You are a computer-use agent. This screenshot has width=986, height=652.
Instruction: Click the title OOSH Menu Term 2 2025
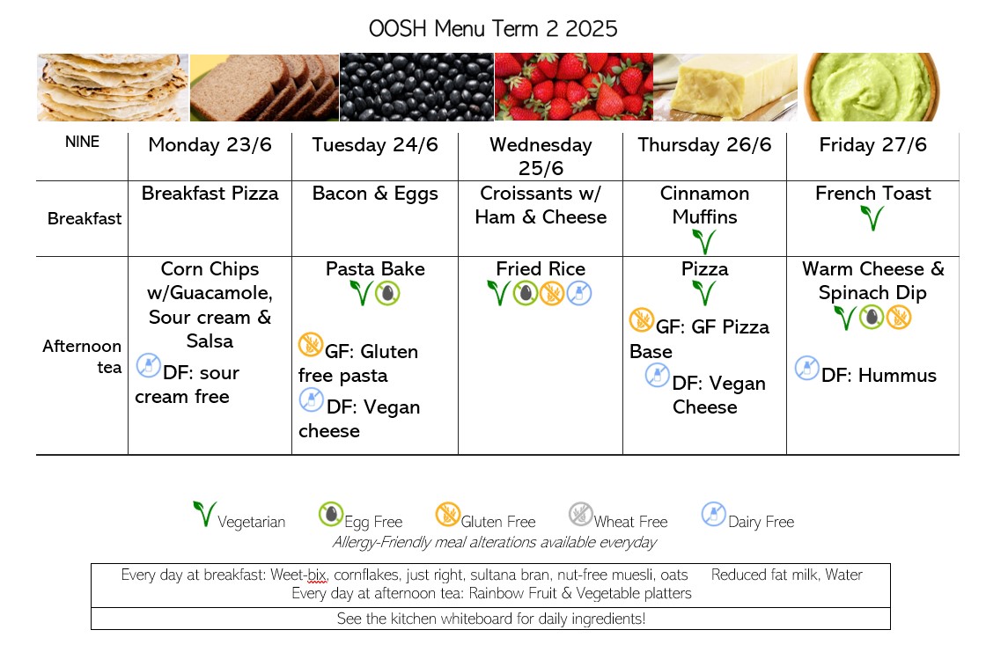click(x=493, y=28)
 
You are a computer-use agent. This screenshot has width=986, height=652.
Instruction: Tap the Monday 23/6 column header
click(x=210, y=144)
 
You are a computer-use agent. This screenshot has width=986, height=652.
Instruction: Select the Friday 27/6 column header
click(x=872, y=144)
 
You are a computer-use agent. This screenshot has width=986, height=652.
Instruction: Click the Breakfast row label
click(x=85, y=218)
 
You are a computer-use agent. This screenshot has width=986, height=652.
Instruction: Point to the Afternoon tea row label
click(x=82, y=356)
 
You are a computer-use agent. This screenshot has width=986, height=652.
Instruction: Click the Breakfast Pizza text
click(x=210, y=193)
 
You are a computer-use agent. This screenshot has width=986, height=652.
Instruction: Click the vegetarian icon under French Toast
click(x=872, y=218)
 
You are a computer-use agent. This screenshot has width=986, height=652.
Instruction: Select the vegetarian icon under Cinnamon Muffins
click(x=703, y=242)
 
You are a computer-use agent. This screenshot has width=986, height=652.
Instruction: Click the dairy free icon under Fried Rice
click(x=579, y=293)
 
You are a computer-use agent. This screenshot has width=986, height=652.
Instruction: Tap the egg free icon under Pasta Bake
click(x=387, y=293)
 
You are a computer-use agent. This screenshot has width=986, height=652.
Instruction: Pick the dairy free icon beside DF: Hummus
click(x=806, y=368)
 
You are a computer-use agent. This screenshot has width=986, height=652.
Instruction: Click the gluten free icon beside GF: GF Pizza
click(x=642, y=320)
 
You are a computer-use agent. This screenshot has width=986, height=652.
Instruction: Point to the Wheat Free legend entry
click(x=618, y=516)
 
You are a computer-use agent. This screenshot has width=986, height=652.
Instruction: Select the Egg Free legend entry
click(x=360, y=516)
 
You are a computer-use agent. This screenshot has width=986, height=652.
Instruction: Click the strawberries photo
click(x=574, y=87)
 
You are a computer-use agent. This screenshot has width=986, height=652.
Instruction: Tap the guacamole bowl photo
click(x=872, y=87)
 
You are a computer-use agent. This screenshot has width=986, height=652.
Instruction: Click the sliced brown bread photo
click(x=264, y=87)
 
